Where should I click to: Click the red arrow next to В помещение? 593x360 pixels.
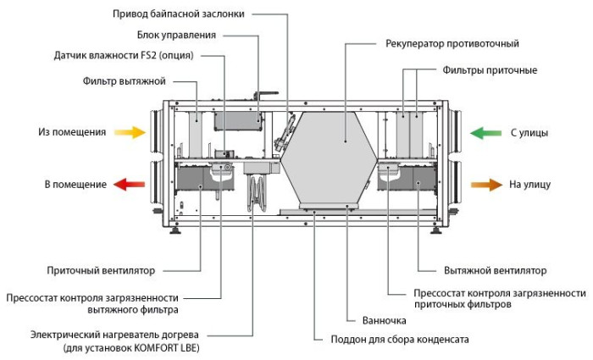click(130, 185)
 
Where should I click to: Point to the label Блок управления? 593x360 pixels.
click(176, 35)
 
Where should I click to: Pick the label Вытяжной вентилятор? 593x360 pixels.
click(495, 270)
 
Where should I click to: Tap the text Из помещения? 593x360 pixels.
click(71, 133)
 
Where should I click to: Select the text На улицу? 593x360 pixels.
click(531, 184)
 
